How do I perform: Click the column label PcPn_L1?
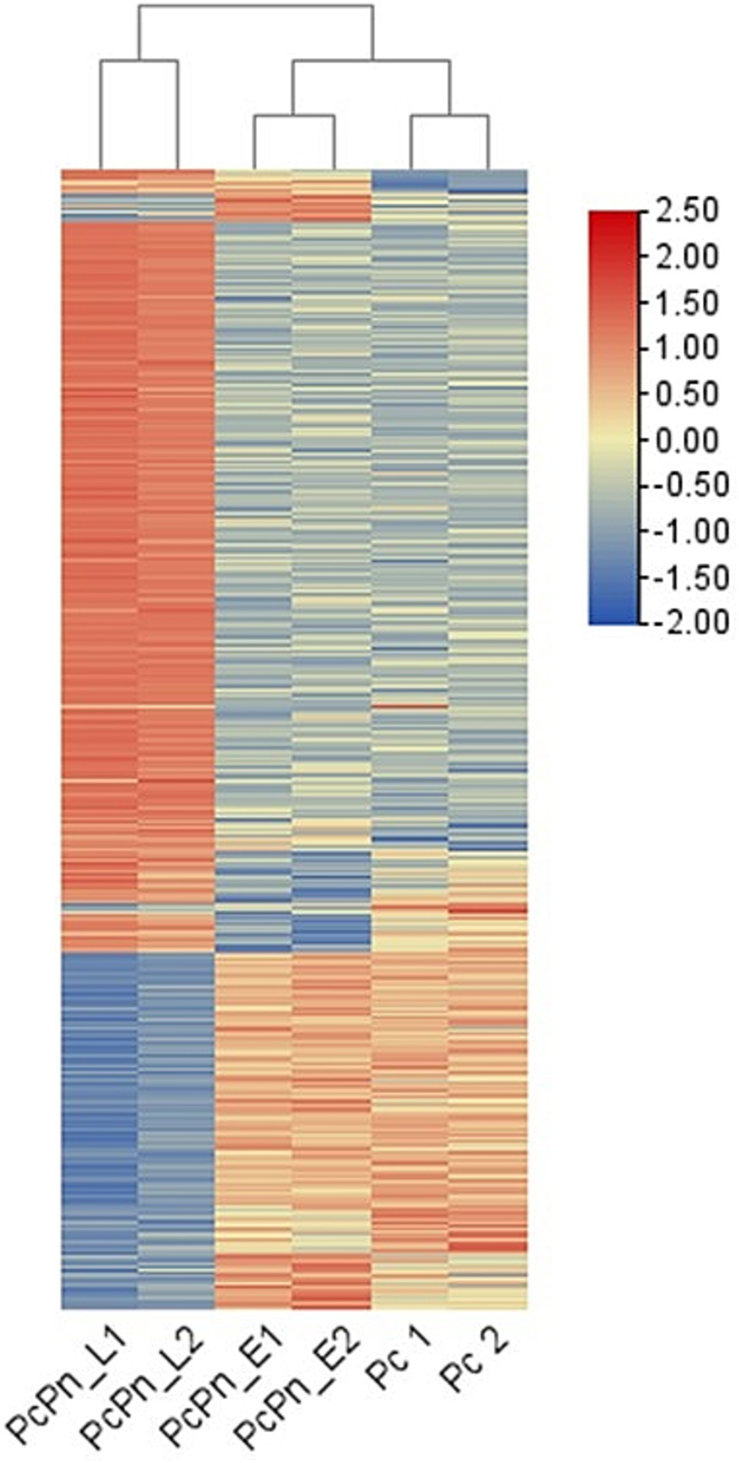(x=67, y=1388)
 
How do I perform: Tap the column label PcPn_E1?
(x=223, y=1388)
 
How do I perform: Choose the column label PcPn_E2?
(x=299, y=1388)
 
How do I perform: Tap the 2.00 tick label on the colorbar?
(x=686, y=257)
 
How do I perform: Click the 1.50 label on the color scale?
(x=686, y=303)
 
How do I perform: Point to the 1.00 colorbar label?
(x=686, y=349)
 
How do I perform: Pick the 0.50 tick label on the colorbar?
(x=686, y=394)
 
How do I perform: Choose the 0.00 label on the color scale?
(x=686, y=440)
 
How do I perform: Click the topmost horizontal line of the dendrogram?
(x=256, y=6)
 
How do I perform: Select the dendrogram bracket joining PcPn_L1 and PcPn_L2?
(x=139, y=61)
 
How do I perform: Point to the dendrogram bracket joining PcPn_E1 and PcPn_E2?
(x=294, y=115)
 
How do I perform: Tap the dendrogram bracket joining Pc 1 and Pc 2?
(x=449, y=115)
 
